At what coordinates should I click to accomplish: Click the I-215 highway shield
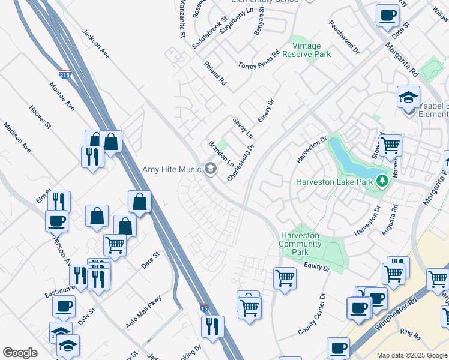65,74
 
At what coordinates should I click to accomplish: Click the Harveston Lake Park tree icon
381,179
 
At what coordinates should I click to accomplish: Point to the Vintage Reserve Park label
306,50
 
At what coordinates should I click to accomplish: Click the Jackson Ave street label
96,44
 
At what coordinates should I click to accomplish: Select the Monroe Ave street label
62,96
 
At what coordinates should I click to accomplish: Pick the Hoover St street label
40,116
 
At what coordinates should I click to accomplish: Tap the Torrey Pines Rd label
259,61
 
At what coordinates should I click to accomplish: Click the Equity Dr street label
317,267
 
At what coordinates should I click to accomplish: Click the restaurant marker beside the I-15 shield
212,327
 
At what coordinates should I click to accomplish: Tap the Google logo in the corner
20,353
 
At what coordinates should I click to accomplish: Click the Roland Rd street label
215,73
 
